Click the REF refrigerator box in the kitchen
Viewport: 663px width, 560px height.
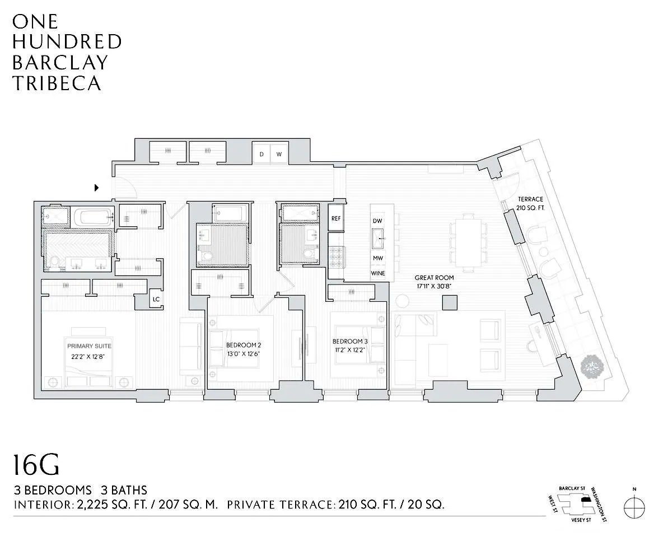[336, 218]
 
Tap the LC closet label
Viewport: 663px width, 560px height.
[156, 299]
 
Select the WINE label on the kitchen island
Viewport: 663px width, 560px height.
[378, 273]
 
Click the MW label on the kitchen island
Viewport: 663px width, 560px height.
[378, 258]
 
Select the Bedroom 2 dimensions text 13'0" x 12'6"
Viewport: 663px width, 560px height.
[243, 354]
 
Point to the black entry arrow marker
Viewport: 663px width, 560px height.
[97, 188]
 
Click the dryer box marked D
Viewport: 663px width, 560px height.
[261, 153]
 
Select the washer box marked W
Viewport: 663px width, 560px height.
[279, 153]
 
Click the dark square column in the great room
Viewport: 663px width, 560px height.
[449, 302]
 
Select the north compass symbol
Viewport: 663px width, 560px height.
[634, 508]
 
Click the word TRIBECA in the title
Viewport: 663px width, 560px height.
[57, 83]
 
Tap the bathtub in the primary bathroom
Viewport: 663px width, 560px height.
[93, 216]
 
